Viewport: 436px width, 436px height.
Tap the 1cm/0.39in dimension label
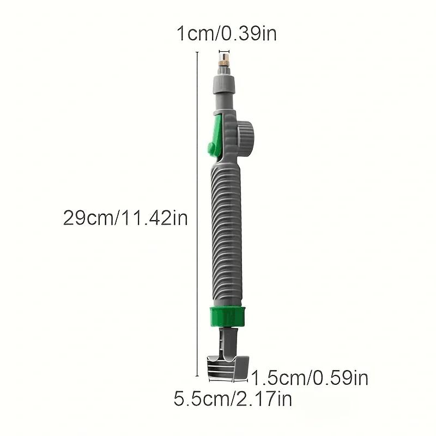(226, 34)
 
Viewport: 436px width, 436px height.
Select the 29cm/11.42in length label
(125, 219)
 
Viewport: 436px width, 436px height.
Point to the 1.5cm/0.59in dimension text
(309, 377)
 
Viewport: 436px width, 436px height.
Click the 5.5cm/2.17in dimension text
(233, 398)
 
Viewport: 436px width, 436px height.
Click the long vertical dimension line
(197, 218)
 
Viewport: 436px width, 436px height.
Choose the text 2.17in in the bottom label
(263, 398)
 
